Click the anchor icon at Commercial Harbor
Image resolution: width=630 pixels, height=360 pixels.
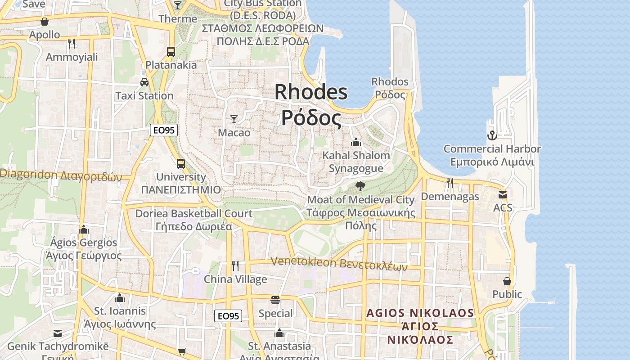[492, 135]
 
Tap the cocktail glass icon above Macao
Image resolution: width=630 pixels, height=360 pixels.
[234, 119]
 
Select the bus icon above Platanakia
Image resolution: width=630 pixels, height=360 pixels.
[171, 51]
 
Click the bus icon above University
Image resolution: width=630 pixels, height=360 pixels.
[180, 163]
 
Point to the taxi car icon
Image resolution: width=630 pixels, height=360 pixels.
[144, 82]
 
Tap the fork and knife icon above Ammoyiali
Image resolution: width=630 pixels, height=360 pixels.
[72, 43]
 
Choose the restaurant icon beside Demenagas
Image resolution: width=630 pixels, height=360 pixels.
[450, 183]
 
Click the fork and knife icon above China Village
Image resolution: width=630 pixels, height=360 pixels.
[235, 265]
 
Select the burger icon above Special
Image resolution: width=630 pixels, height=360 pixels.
[275, 300]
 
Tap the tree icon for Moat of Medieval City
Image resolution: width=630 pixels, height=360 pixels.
[360, 186]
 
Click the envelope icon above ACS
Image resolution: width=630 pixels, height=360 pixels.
[502, 195]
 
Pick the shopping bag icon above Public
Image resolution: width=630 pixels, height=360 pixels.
[507, 281]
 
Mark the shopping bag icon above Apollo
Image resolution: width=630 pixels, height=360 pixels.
[45, 21]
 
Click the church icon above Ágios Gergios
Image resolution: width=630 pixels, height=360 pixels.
[83, 229]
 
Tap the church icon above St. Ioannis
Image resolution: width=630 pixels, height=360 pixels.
[119, 298]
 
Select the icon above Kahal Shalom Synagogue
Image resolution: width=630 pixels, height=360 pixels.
[356, 142]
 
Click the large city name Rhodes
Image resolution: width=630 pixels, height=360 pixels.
[311, 92]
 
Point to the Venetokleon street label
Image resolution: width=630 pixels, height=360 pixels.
[339, 263]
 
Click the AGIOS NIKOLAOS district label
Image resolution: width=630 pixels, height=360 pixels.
[420, 313]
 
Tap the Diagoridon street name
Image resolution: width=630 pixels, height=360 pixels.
[61, 175]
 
